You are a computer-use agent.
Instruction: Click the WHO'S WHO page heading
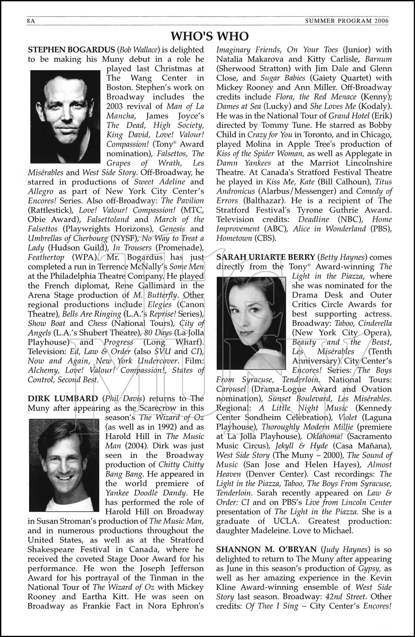209,36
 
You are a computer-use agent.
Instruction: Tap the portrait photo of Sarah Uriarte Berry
251,317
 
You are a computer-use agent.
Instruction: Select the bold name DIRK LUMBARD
62,398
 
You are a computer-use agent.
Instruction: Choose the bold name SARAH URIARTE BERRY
265,257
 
